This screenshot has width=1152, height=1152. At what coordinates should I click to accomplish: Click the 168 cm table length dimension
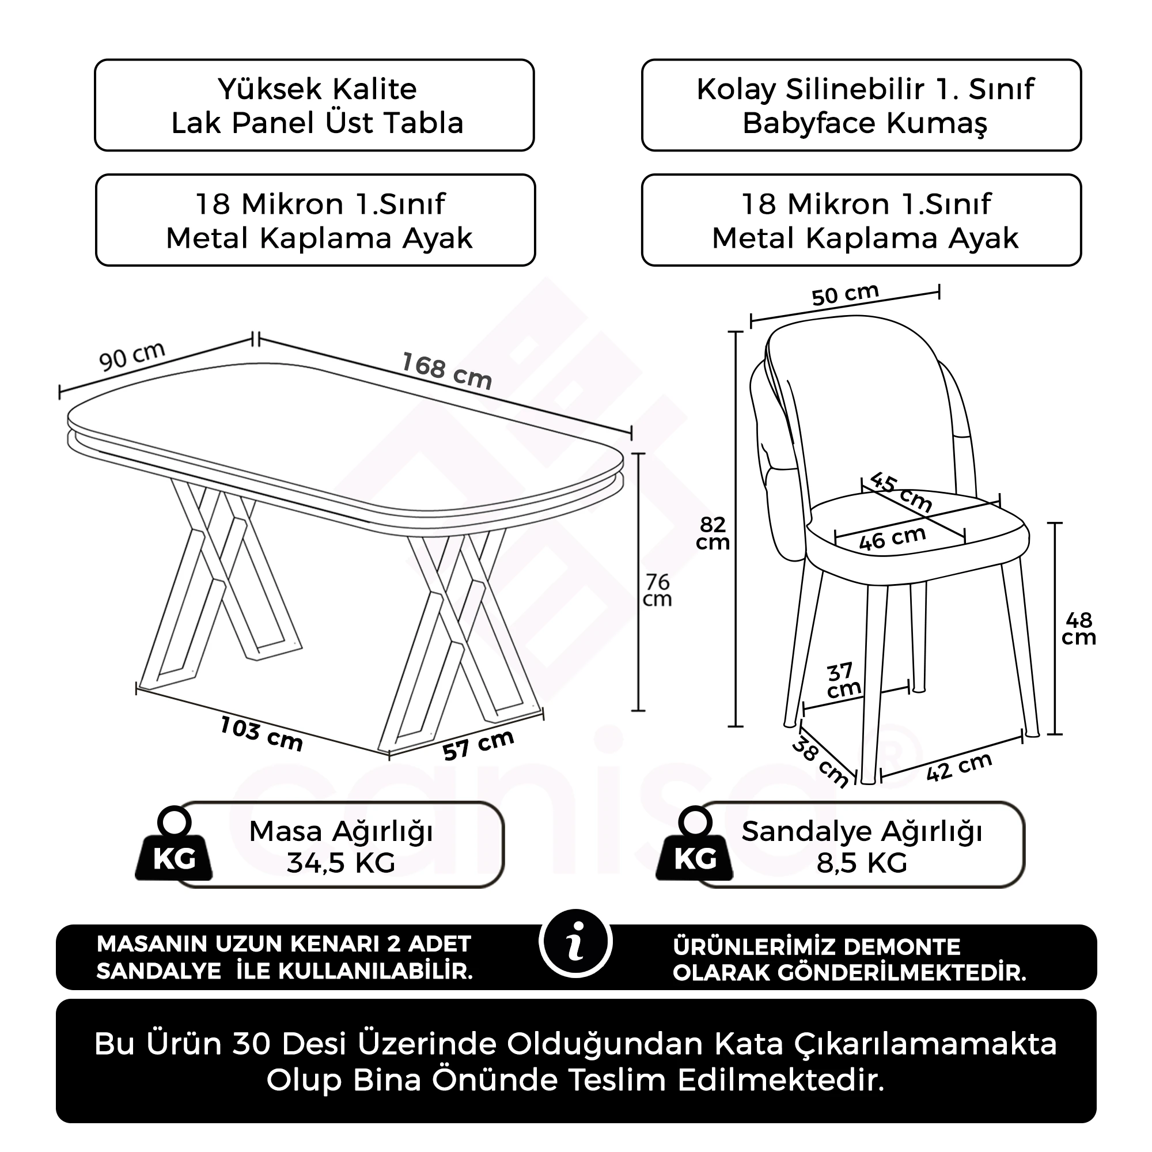[446, 370]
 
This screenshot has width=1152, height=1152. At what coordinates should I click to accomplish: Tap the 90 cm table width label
[132, 356]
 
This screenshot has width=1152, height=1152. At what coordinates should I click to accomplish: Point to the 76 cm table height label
[657, 590]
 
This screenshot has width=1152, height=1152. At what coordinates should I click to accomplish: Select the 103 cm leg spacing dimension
[261, 734]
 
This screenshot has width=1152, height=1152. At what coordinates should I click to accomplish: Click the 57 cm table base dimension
[478, 745]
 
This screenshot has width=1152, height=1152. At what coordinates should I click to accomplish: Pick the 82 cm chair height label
[713, 533]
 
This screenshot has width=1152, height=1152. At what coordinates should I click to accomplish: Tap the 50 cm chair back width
[845, 294]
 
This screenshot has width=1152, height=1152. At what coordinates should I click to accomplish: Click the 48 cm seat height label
[1078, 629]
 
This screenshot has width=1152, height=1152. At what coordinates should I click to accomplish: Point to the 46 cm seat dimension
[892, 539]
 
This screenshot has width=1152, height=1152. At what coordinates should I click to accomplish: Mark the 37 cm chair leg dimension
[843, 680]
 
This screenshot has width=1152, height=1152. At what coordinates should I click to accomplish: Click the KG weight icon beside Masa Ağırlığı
[173, 844]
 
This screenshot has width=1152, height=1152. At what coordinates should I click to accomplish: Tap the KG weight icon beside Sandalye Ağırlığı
[695, 844]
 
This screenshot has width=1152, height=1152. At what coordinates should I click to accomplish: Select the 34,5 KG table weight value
[341, 862]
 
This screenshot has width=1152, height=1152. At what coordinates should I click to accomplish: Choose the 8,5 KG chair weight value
[862, 862]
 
